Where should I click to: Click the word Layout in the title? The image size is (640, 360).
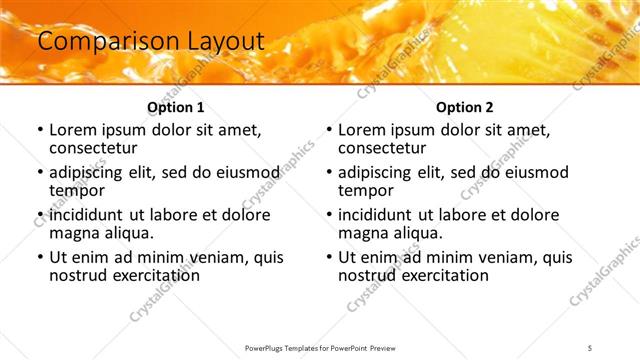[x=223, y=41]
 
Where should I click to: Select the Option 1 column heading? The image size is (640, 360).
[x=176, y=107]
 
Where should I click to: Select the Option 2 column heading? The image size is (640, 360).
[x=465, y=107]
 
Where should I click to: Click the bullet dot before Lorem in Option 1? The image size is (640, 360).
[x=39, y=130]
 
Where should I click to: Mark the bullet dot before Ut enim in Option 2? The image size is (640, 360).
[x=328, y=257]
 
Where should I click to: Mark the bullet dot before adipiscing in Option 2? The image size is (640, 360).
[x=328, y=172]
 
